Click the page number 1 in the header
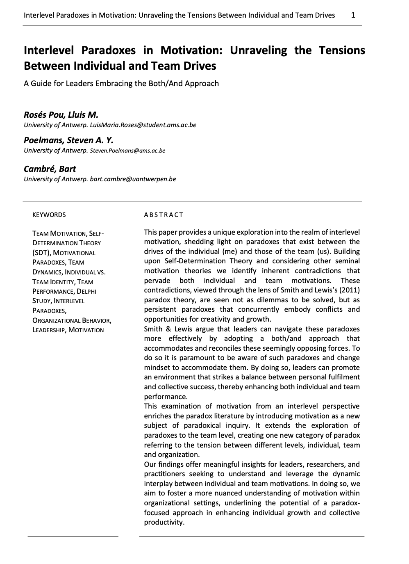(x=353, y=15)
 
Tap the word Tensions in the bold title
(x=342, y=50)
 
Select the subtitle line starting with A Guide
(x=121, y=83)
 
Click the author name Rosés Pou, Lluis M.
(x=61, y=114)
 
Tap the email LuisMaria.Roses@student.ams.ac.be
(x=143, y=125)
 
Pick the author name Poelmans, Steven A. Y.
(x=68, y=140)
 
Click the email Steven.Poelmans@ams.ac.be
(x=127, y=151)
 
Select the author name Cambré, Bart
(x=50, y=169)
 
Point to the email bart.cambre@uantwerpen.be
(x=133, y=179)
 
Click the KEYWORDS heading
(x=49, y=215)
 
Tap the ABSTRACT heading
(x=164, y=215)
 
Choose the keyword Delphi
(x=86, y=291)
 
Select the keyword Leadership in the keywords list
(x=49, y=330)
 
